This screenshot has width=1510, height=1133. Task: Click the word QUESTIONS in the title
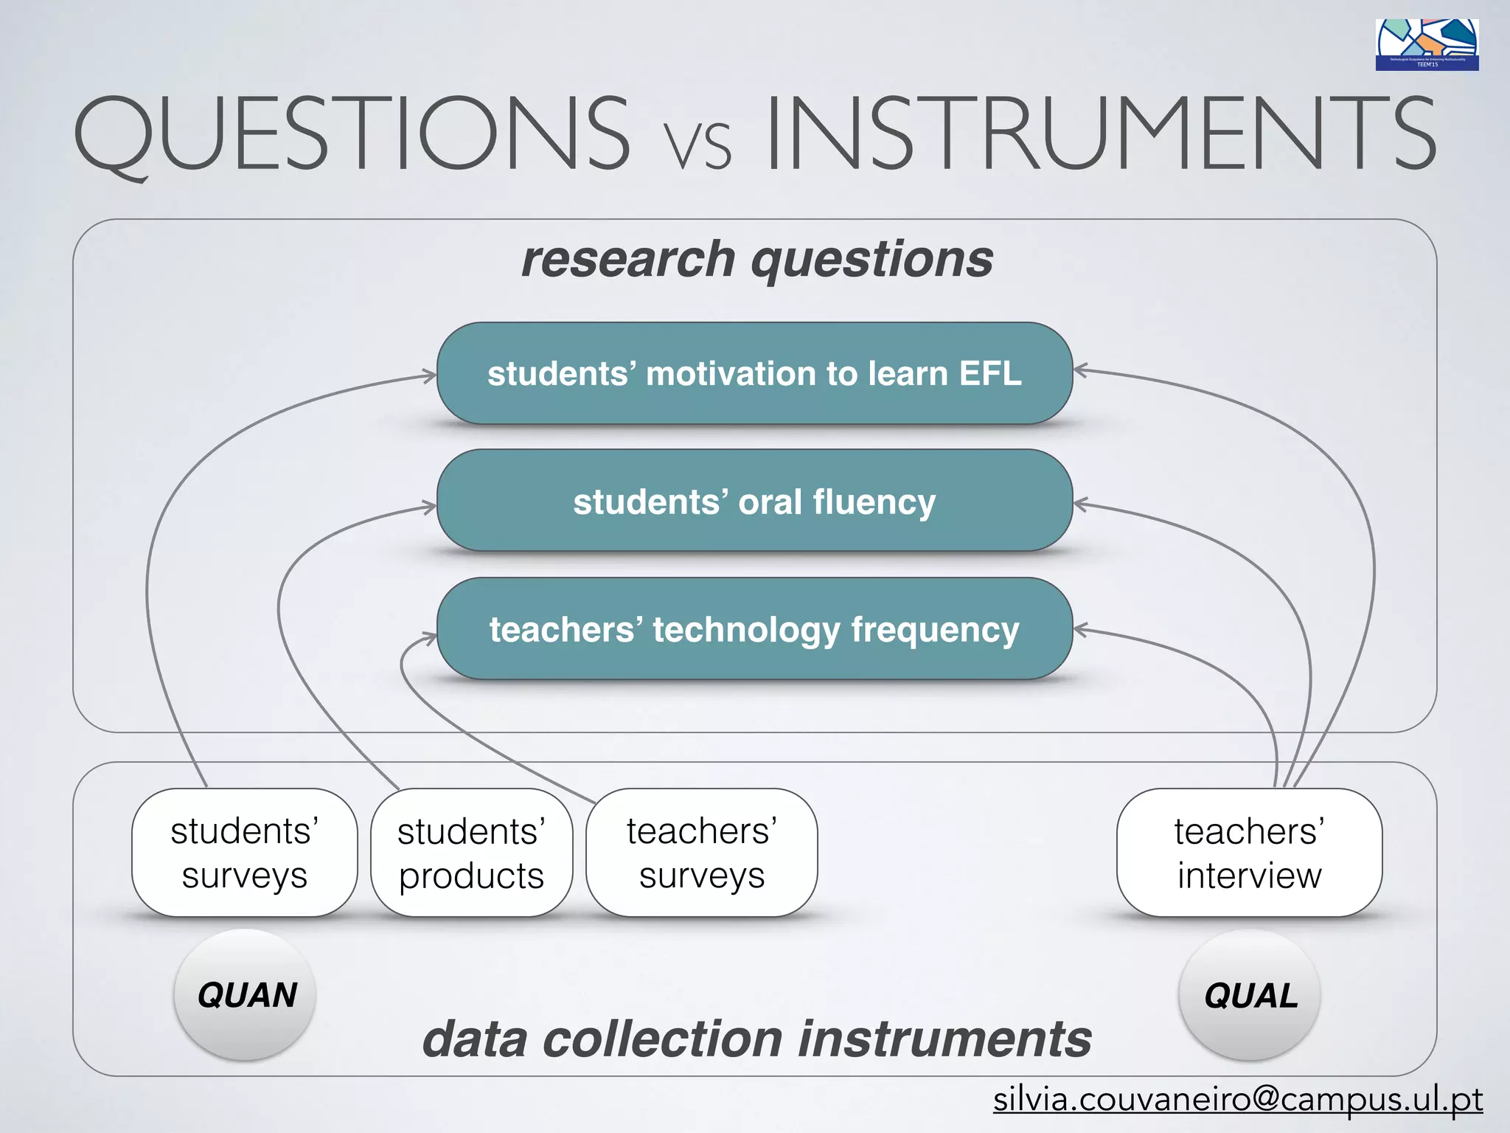[352, 134]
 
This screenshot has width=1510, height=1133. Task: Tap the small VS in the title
[697, 145]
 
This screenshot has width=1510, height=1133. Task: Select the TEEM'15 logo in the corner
[1426, 45]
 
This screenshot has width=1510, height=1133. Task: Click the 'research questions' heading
[756, 260]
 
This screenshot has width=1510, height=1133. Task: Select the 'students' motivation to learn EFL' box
[754, 373]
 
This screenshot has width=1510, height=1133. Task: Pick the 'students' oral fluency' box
[754, 502]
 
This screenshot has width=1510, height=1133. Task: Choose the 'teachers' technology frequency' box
[754, 629]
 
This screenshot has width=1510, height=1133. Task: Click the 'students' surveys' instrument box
[244, 853]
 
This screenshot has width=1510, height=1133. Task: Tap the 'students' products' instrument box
[471, 853]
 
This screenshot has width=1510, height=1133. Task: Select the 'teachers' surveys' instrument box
[701, 853]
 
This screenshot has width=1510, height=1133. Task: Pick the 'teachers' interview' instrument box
[1249, 853]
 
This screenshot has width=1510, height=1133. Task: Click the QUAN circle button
[246, 995]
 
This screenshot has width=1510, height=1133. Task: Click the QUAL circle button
[1250, 995]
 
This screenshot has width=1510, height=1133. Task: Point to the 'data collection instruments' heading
[756, 1039]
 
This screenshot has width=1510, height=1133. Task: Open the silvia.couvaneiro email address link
[1237, 1100]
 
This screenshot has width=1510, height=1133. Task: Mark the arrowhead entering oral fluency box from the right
[1080, 505]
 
